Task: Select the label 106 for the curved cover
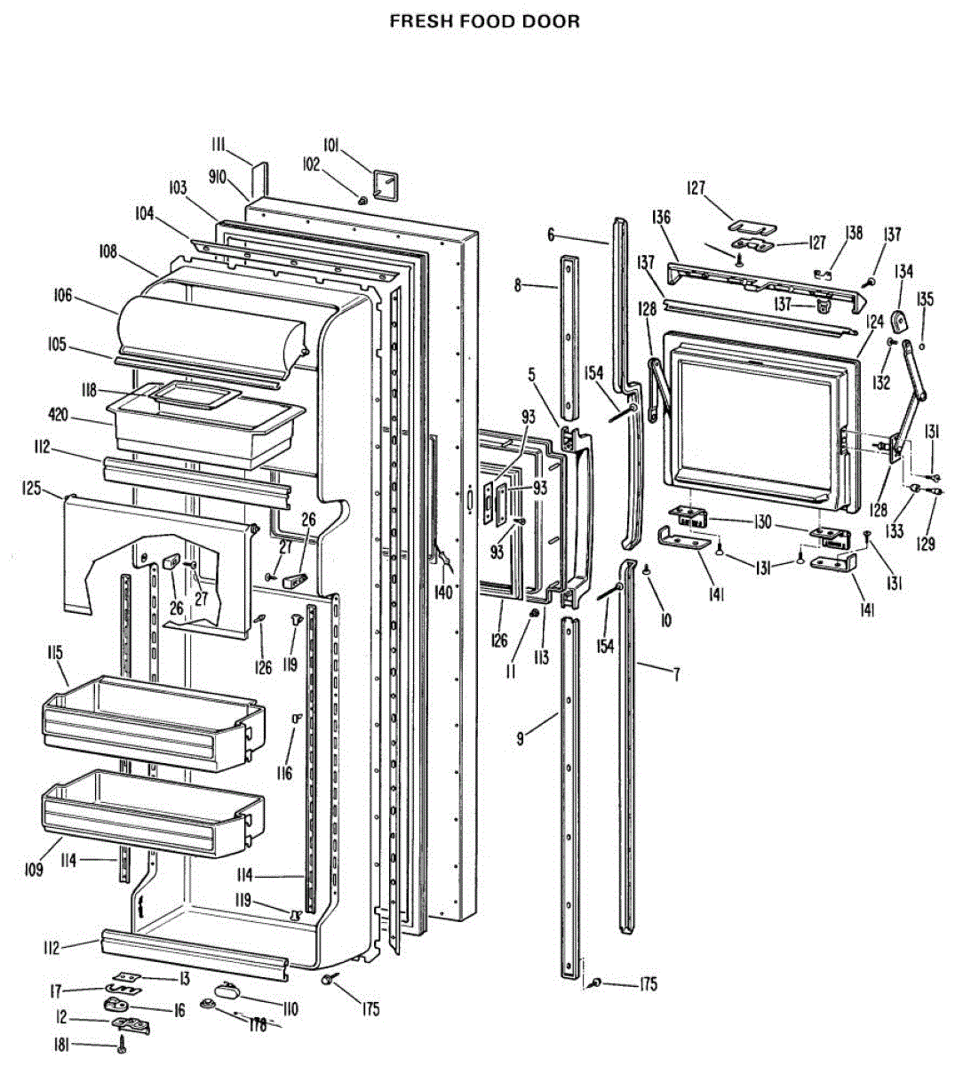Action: (62, 297)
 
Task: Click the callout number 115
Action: (54, 654)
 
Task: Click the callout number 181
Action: (61, 1046)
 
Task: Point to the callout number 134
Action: (903, 271)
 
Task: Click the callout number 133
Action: (893, 531)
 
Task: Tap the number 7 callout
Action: (676, 674)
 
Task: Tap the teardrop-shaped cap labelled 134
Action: (903, 319)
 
